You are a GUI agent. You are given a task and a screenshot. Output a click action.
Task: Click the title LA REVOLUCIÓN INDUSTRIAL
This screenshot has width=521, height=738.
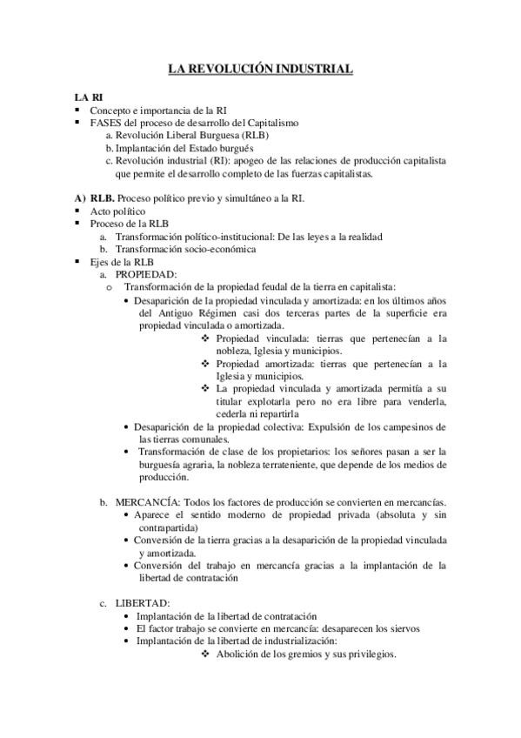coord(260,68)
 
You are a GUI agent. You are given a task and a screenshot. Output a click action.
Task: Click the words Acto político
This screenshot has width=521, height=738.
coord(117,211)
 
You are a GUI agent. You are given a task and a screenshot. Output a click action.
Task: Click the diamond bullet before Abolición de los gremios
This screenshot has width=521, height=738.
coord(205,654)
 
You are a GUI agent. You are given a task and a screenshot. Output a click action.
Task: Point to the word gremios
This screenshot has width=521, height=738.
coord(313,654)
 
